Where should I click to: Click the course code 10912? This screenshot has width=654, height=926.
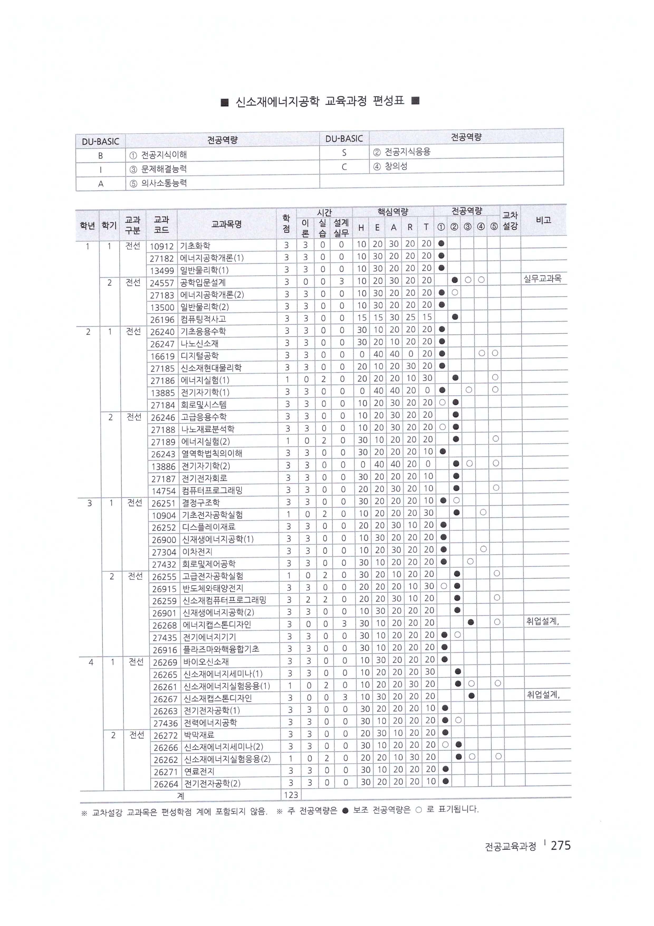tap(162, 246)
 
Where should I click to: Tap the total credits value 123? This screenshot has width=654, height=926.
tap(291, 795)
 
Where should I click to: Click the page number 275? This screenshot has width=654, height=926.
tap(560, 845)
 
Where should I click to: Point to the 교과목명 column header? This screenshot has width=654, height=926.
tap(227, 224)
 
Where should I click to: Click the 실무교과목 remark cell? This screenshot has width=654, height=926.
tap(542, 278)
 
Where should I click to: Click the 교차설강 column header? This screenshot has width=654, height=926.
tap(510, 221)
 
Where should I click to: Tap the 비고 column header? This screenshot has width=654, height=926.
tap(543, 220)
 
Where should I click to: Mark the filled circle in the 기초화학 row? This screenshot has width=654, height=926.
tap(441, 244)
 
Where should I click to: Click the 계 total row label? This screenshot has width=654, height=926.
tap(181, 795)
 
